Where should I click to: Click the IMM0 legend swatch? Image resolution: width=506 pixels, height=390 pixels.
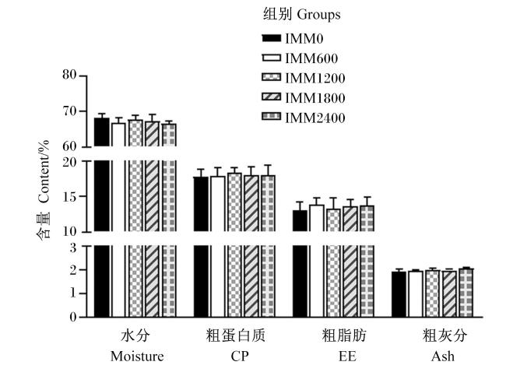point(271,38)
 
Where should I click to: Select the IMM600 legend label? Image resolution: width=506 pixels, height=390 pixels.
point(311,58)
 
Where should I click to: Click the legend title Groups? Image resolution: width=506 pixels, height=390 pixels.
point(318,15)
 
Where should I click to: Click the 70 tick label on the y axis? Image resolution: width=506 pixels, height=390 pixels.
point(69,111)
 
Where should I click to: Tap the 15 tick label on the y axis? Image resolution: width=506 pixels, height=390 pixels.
point(69,196)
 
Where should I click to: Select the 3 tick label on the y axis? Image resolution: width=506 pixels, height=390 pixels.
point(73,248)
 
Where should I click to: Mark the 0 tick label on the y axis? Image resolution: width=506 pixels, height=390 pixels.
point(73,317)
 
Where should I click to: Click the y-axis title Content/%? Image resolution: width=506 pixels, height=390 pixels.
point(44,171)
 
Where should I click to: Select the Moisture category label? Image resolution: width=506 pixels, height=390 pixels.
point(137,357)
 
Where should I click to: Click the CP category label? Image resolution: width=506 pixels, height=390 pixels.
point(240,357)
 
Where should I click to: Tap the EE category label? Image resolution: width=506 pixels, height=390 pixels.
point(347,357)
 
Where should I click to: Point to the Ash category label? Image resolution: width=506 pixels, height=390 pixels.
point(443,357)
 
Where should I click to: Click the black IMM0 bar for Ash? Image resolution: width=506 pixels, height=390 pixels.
point(399,294)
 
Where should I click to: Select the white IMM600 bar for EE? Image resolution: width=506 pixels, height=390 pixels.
point(317,261)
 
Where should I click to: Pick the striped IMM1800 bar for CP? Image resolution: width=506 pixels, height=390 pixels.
point(251,246)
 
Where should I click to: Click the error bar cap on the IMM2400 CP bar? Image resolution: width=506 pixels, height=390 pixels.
point(268,165)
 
